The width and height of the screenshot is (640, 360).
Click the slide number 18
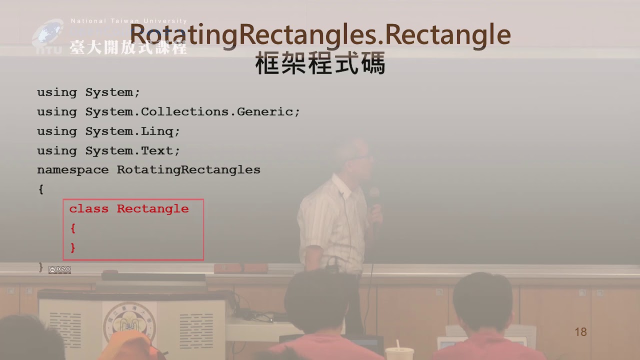[580, 332]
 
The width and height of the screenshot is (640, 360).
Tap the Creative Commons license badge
[59, 269]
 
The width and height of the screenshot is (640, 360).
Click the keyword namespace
[73, 170]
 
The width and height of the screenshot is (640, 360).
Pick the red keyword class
[89, 209]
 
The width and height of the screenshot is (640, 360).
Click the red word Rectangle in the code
[153, 209]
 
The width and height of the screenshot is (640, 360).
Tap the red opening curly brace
[73, 228]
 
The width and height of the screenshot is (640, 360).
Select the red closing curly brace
[73, 247]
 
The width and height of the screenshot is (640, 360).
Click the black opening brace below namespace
[41, 189]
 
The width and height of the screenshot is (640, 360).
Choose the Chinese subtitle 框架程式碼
[320, 63]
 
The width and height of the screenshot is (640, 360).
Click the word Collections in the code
[184, 111]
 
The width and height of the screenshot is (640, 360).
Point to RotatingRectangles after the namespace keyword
[188, 170]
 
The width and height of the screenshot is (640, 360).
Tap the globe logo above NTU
[47, 32]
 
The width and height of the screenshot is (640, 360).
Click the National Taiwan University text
[129, 21]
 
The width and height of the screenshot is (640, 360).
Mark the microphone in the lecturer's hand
[373, 197]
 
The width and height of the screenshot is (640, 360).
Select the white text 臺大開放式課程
[128, 47]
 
